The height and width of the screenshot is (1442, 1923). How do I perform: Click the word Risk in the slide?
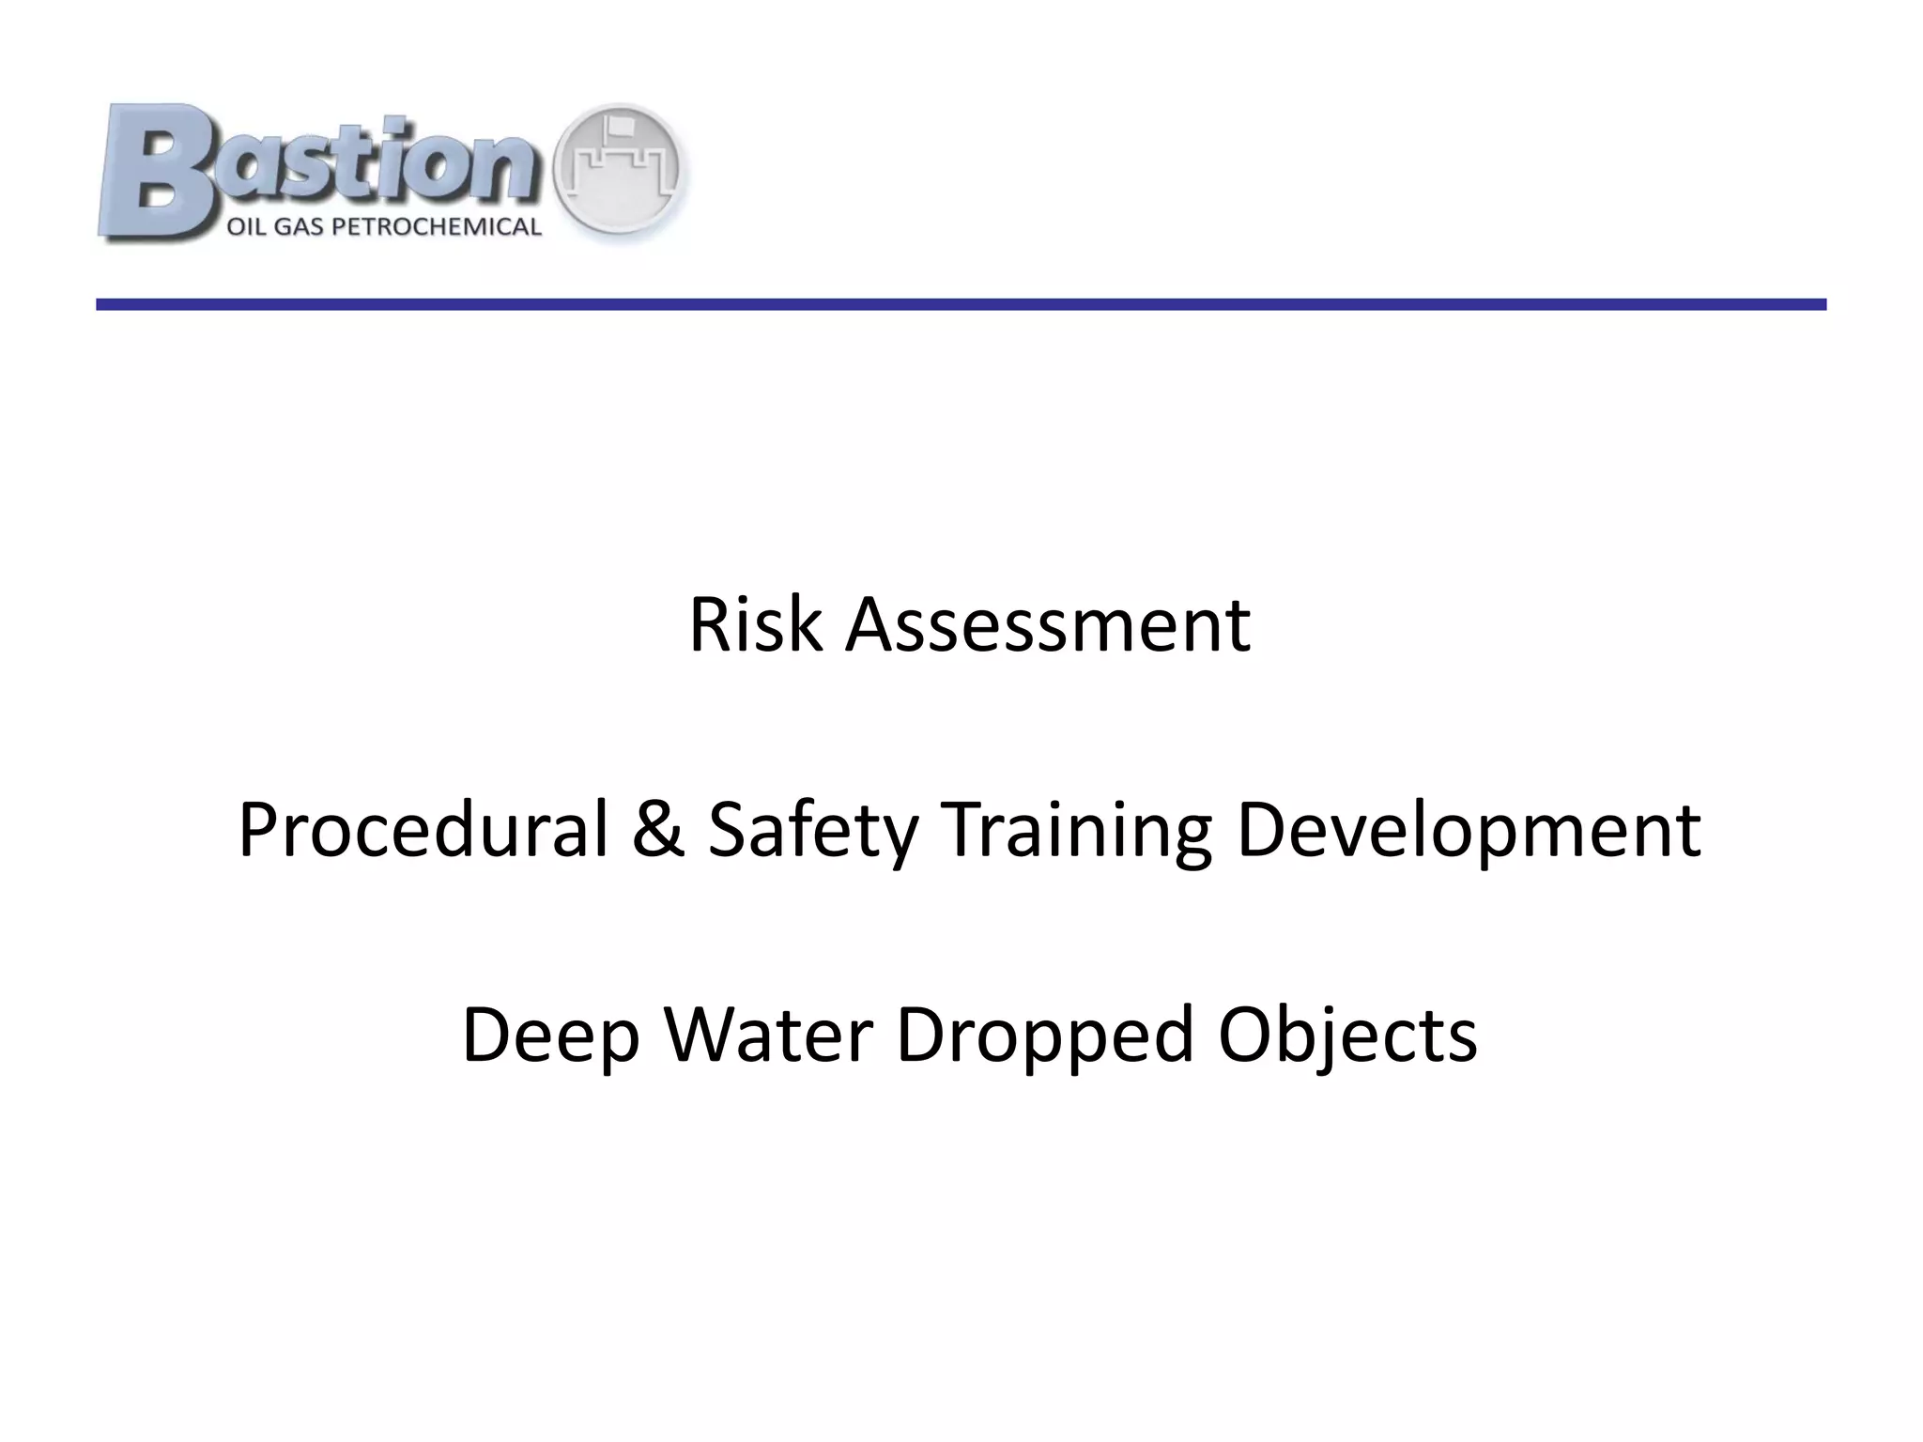pyautogui.click(x=757, y=625)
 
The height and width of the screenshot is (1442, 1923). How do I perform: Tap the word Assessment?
pyautogui.click(x=1047, y=625)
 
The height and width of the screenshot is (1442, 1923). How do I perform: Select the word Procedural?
pyautogui.click(x=423, y=830)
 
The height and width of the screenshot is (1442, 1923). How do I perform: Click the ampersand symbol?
pyautogui.click(x=658, y=830)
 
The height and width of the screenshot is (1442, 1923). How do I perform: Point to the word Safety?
pyautogui.click(x=811, y=832)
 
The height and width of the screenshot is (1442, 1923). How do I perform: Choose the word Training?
pyautogui.click(x=1076, y=832)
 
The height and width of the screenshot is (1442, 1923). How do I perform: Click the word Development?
pyautogui.click(x=1468, y=832)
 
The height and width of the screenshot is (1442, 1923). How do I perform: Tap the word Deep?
pyautogui.click(x=550, y=1036)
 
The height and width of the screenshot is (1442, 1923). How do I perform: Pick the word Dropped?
pyautogui.click(x=1044, y=1036)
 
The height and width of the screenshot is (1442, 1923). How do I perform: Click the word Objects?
pyautogui.click(x=1347, y=1036)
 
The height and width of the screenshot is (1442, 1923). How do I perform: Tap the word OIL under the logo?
pyautogui.click(x=248, y=227)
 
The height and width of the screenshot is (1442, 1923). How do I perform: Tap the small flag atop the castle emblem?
pyautogui.click(x=619, y=124)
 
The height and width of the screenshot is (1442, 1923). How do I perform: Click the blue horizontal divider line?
pyautogui.click(x=961, y=304)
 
